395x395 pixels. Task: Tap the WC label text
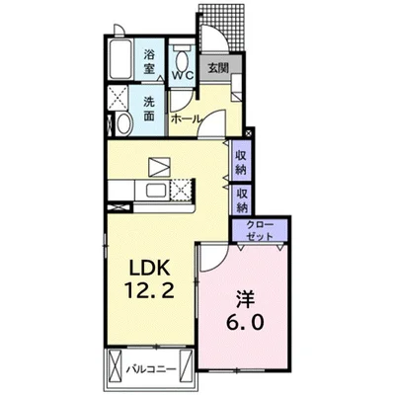tap(183, 75)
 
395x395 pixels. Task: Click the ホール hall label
tap(186, 118)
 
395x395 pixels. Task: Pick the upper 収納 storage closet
tap(242, 160)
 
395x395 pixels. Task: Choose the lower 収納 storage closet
tap(242, 199)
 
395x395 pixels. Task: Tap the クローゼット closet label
tap(260, 231)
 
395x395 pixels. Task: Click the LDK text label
tap(149, 267)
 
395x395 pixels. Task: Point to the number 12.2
tap(149, 289)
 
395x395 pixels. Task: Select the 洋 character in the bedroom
tap(245, 298)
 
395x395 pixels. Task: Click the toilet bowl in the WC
tap(182, 59)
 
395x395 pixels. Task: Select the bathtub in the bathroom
tap(121, 59)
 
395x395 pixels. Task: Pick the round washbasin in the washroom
tap(124, 123)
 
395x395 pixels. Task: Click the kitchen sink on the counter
tap(157, 190)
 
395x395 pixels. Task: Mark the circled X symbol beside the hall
tap(249, 133)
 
